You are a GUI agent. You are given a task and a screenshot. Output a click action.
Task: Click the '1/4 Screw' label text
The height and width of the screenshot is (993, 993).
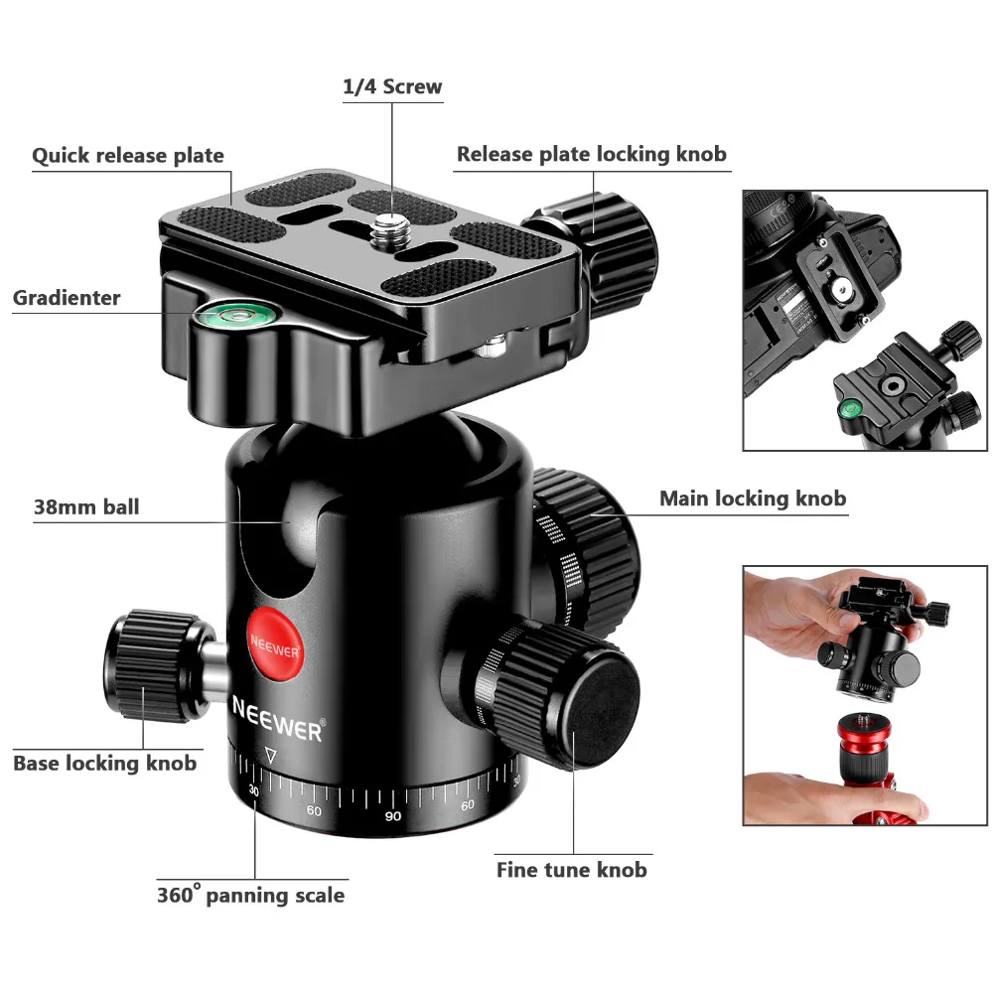pos(392,86)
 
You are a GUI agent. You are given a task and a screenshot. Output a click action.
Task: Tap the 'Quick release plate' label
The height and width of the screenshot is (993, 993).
pos(128,156)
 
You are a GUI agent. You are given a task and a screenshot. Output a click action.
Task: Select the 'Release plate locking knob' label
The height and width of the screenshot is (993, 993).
pos(592,155)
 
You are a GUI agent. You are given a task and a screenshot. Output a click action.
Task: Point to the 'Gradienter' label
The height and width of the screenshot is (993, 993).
pos(67,298)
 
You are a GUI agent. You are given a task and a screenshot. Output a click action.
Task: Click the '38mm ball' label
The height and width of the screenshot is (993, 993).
pos(86,506)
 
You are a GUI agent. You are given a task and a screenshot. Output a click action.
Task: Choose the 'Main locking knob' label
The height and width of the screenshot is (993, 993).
pos(753,498)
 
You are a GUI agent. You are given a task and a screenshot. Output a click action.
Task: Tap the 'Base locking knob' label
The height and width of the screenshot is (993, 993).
pos(105,763)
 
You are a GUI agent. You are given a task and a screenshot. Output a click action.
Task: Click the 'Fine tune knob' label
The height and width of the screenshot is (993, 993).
pos(571,870)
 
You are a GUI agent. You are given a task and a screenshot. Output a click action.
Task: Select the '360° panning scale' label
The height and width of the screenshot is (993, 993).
pos(251,895)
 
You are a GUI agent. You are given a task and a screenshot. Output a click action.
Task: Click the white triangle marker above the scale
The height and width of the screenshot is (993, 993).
pos(271,755)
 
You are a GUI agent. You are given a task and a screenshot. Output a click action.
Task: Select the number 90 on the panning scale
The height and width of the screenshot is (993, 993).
pos(393,815)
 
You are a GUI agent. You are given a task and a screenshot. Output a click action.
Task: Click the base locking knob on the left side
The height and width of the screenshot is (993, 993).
pos(152,665)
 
